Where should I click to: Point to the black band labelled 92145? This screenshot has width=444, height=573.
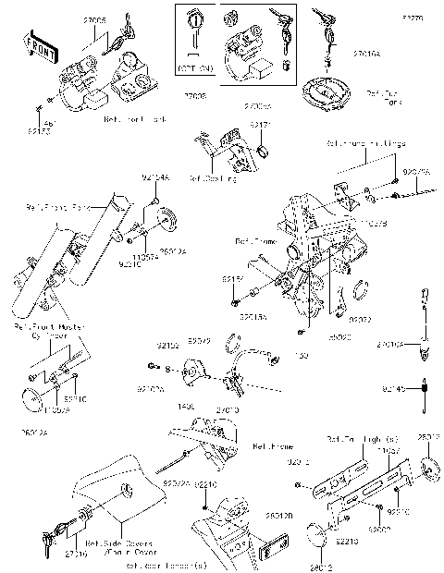(424, 389)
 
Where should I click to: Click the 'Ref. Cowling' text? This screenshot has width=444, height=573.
(213, 178)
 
